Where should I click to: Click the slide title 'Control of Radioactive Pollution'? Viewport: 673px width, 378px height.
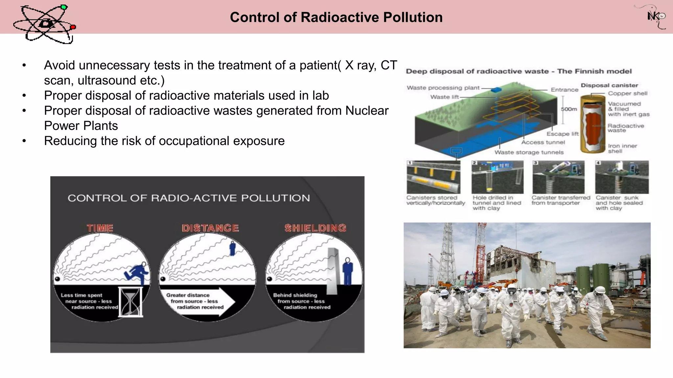click(x=336, y=17)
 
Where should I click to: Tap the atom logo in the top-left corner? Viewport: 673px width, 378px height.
click(x=44, y=24)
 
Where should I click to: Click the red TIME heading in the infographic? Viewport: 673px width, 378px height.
click(x=100, y=228)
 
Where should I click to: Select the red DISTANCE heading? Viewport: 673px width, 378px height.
click(x=210, y=228)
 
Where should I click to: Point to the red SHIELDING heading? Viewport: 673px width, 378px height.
click(x=315, y=228)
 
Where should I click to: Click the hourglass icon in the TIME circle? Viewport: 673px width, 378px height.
click(x=131, y=302)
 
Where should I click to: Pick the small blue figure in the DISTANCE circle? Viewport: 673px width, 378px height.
click(x=232, y=248)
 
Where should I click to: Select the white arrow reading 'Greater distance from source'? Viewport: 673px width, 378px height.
click(x=200, y=301)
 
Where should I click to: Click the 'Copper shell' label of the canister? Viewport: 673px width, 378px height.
click(x=627, y=93)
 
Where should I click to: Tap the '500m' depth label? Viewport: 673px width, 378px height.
click(x=569, y=109)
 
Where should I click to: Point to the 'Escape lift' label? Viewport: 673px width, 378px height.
click(x=562, y=134)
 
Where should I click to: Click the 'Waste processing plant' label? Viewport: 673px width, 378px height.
click(x=443, y=88)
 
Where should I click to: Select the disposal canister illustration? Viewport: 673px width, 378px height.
click(x=593, y=124)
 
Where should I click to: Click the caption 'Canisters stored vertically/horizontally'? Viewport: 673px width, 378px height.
click(x=435, y=200)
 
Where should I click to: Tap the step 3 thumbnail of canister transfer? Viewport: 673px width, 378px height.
click(x=558, y=177)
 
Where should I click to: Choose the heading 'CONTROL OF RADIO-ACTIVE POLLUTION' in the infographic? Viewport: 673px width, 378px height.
click(x=189, y=198)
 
